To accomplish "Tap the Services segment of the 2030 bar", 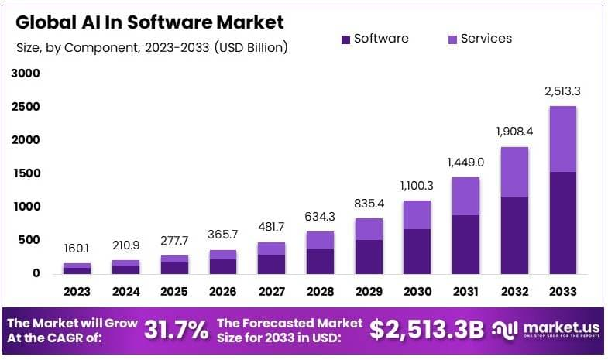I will (x=417, y=214).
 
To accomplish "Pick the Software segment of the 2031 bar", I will (x=465, y=244).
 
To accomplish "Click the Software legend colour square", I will (x=345, y=39).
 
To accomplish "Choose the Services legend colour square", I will (x=452, y=39).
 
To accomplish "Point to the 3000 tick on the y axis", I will (x=25, y=74).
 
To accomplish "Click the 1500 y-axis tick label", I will (x=25, y=173).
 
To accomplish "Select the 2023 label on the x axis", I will (x=77, y=292).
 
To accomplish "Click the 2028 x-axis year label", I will (x=320, y=292).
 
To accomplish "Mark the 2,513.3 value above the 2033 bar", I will (x=563, y=91).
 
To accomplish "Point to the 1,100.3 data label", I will (x=417, y=185).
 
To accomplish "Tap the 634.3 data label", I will (x=320, y=216).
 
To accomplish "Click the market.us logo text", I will (x=555, y=327).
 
